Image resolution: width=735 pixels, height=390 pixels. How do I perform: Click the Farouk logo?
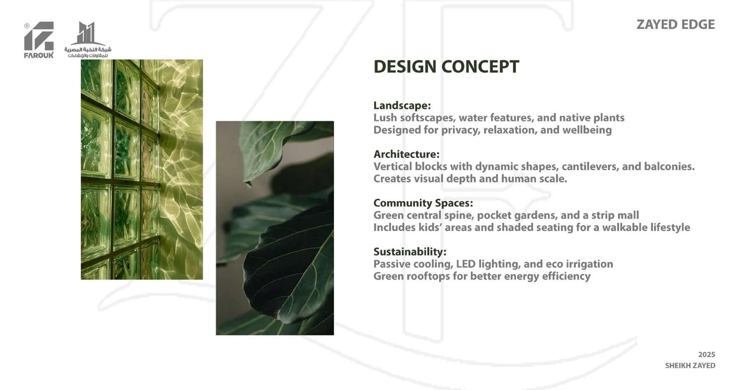pos(39,40)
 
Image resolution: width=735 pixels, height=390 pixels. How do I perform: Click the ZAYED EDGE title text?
pos(676,24)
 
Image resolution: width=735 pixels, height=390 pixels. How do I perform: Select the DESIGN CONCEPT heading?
pos(446,67)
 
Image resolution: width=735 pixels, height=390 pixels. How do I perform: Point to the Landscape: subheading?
pos(402,105)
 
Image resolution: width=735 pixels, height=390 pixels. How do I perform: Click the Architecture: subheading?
pos(406,154)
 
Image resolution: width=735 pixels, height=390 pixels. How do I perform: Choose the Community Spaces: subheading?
pos(423,203)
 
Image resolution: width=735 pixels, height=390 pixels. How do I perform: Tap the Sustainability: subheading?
pos(410,252)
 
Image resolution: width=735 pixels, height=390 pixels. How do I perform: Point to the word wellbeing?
pos(587,130)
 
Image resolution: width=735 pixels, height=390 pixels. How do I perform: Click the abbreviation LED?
pos(466,264)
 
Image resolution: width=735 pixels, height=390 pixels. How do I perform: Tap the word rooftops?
pos(428,277)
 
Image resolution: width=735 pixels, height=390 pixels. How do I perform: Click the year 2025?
pos(707,355)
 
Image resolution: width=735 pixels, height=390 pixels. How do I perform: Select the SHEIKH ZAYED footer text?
pos(690,366)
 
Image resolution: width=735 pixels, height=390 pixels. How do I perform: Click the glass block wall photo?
pos(142,169)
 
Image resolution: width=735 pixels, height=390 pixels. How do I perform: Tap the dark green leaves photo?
pos(275,228)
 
